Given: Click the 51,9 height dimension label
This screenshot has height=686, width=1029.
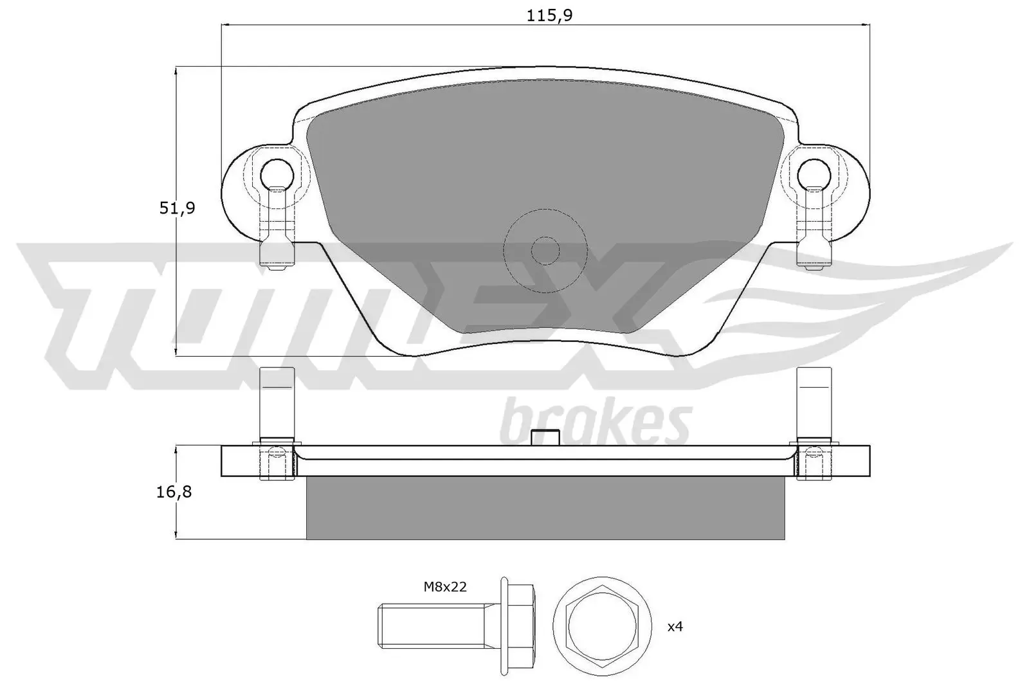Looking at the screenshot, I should tap(177, 208).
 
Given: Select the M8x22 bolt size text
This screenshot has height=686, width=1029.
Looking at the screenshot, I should tap(444, 586).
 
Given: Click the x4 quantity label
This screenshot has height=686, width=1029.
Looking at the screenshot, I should tap(674, 626).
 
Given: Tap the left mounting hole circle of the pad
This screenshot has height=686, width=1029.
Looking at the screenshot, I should tap(277, 173).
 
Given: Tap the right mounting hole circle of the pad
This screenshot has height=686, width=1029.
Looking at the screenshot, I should tap(814, 173).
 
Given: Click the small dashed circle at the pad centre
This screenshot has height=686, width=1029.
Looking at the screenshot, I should tap(545, 250).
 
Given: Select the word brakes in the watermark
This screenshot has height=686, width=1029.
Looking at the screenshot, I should tap(595, 422).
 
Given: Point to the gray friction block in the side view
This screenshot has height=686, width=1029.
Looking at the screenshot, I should tap(545, 508).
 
